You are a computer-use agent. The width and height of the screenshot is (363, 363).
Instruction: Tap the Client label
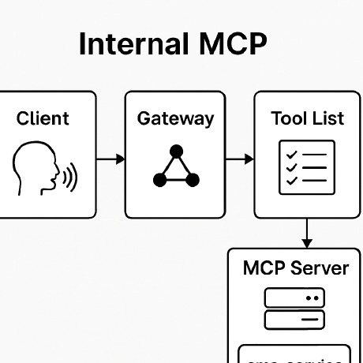pos(43,119)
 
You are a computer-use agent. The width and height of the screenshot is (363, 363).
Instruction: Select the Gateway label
pos(175,119)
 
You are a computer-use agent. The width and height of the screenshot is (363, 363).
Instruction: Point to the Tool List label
pos(307,119)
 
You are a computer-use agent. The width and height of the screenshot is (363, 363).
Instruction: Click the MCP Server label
pos(296,268)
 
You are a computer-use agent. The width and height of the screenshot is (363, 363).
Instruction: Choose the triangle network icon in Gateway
pos(176,167)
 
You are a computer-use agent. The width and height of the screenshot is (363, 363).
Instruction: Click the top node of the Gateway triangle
pos(177,150)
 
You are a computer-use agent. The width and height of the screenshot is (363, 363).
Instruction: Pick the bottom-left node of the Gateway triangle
pos(159,181)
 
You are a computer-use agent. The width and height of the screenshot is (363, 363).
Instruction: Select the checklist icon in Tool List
pos(307,167)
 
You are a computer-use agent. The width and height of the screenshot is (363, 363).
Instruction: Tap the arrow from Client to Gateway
pos(110,160)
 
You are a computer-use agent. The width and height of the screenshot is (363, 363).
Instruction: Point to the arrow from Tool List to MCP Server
pos(307,233)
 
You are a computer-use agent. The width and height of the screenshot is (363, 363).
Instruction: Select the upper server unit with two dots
pos(295,298)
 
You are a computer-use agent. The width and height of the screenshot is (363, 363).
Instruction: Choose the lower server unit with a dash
pos(295,320)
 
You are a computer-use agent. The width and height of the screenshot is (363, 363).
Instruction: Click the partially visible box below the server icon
pos(295,354)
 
